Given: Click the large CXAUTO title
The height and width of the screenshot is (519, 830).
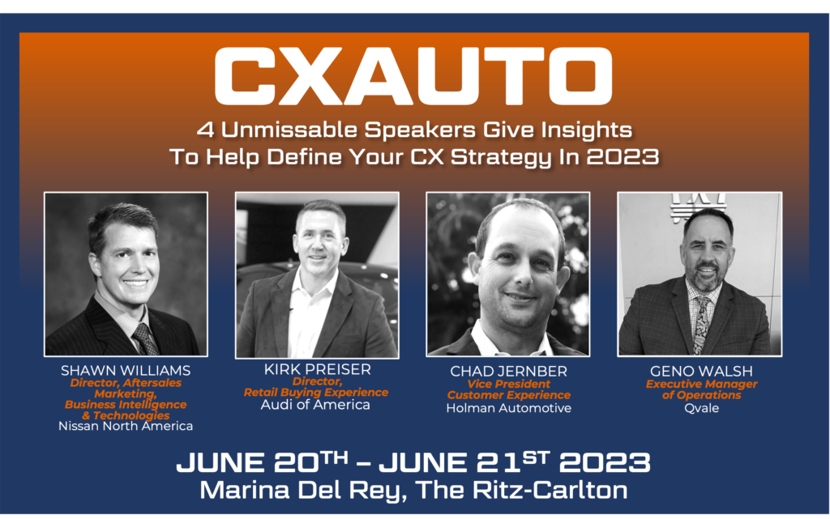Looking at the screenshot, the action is pos(413,76).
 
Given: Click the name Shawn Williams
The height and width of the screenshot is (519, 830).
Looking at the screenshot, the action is pos(126,371).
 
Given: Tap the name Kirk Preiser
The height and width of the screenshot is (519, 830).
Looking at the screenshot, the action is pos(318,369).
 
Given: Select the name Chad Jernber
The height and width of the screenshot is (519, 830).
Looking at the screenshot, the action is pos(509,371).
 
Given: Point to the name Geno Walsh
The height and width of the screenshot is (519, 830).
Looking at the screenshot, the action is pos(701,371).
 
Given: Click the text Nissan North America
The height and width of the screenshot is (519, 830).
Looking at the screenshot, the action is pos(126,426).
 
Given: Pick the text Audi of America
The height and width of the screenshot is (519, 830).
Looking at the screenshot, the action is pos(315,405).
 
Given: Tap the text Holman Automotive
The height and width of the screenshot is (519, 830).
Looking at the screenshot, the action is pos(509,408).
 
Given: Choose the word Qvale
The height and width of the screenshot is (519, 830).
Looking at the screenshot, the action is pos(701,408).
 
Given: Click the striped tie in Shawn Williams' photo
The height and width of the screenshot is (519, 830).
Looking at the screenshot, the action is pos(145,338).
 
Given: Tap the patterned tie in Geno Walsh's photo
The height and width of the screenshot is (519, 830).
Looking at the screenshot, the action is pos(701,325).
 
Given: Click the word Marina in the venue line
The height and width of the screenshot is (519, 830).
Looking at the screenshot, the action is pos(246,490).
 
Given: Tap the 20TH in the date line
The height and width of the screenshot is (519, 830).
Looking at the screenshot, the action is pos(311,462).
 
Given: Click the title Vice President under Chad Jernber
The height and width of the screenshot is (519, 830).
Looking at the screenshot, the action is pos(509,385).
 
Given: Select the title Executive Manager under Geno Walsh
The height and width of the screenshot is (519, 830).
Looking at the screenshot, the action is pos(701,385).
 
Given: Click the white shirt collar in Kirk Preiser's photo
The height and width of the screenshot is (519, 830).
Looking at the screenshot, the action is pos(311,283).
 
